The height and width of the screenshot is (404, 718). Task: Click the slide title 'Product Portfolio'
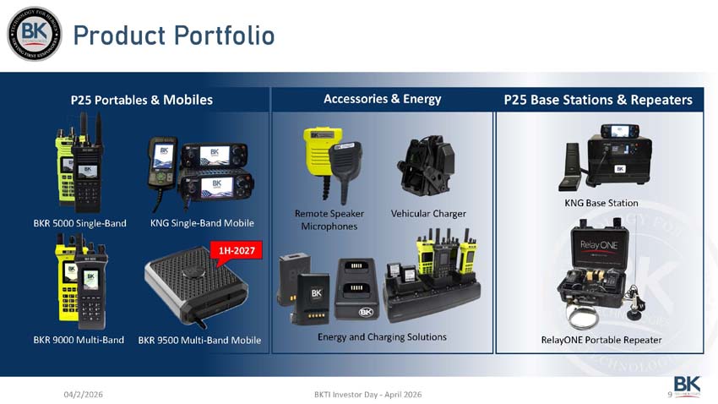tap(173, 35)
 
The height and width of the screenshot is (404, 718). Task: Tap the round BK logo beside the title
tap(35, 34)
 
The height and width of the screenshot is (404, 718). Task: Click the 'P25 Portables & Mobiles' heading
tap(142, 100)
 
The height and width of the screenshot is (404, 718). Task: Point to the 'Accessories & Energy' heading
tap(382, 99)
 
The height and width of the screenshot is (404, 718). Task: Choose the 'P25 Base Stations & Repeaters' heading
tap(598, 100)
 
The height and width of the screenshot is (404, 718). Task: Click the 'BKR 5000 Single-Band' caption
tap(79, 223)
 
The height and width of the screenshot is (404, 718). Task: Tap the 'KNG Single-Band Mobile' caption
tap(202, 223)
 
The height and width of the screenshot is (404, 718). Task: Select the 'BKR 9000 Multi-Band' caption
tap(79, 340)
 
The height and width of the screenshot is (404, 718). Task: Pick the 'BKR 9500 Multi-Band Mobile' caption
tap(199, 341)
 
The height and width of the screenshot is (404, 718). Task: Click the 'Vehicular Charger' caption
tap(428, 214)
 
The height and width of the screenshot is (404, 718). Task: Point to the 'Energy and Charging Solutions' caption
tap(382, 337)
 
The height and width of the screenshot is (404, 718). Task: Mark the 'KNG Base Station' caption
tap(601, 203)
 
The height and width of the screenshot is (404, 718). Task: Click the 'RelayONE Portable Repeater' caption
tap(601, 340)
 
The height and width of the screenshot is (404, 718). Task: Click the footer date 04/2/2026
tap(84, 395)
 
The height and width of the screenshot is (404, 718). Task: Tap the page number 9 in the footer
tap(669, 394)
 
